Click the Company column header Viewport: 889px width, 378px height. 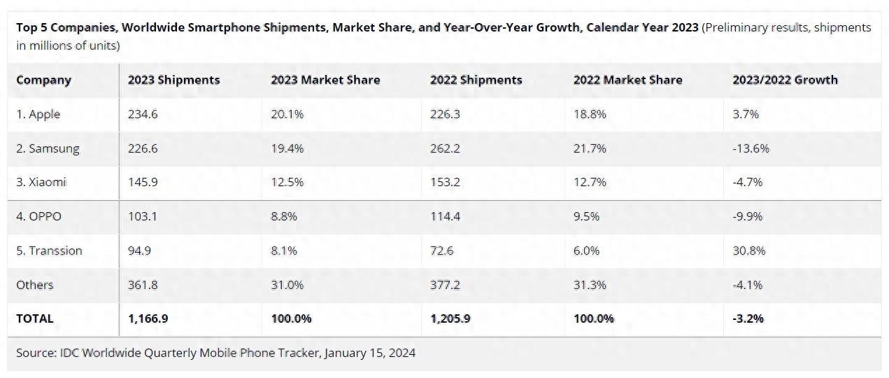(x=43, y=80)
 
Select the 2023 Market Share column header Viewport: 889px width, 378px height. (x=325, y=80)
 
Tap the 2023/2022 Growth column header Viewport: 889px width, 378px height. (x=785, y=80)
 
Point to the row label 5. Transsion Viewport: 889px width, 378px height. (x=49, y=251)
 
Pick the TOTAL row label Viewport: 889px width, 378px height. (x=35, y=318)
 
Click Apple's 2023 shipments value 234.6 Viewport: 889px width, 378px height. (x=143, y=114)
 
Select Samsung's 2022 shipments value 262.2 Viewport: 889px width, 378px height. (x=445, y=148)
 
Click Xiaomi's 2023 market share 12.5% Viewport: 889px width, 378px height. (x=287, y=182)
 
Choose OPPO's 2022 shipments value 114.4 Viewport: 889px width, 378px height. (x=445, y=216)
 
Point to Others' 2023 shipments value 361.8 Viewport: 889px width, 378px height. (x=143, y=285)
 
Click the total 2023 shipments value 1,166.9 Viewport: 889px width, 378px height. (x=148, y=318)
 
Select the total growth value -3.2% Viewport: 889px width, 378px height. (x=748, y=318)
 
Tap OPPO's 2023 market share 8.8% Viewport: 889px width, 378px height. (x=284, y=216)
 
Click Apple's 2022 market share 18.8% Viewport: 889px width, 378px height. (x=590, y=114)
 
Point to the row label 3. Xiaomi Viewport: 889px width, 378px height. (x=40, y=182)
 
